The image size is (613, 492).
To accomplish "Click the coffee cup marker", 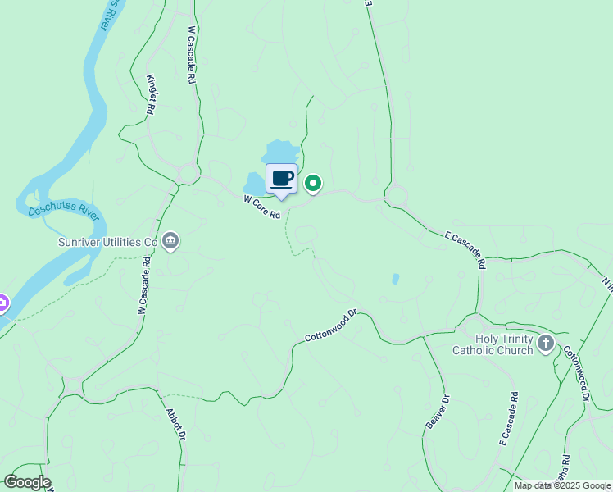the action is pyautogui.click(x=281, y=179).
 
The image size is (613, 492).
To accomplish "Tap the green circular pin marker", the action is pyautogui.click(x=313, y=183).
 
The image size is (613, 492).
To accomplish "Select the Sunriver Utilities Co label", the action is pyautogui.click(x=107, y=242).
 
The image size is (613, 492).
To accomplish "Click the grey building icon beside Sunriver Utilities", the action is pyautogui.click(x=170, y=240).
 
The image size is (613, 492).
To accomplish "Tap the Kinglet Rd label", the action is pyautogui.click(x=151, y=93).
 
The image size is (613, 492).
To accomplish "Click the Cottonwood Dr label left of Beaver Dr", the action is pyautogui.click(x=332, y=326).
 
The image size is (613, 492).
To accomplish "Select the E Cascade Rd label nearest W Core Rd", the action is pyautogui.click(x=465, y=248).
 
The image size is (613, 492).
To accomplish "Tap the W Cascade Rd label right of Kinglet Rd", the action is pyautogui.click(x=192, y=54).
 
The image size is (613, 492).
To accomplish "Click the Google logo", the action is pyautogui.click(x=26, y=482).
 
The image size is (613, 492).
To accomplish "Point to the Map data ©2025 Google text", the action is pyautogui.click(x=561, y=485).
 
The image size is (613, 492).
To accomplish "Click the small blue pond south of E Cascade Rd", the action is pyautogui.click(x=397, y=279).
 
